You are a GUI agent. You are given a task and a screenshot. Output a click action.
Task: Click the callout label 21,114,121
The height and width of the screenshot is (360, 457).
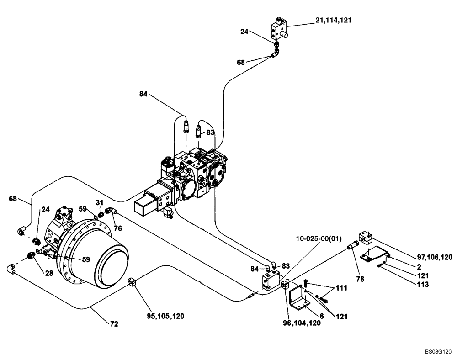(x=333, y=21)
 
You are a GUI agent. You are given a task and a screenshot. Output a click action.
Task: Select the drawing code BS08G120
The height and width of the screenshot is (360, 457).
(x=437, y=352)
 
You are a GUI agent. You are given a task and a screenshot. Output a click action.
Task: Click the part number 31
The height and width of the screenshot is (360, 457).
(x=100, y=202)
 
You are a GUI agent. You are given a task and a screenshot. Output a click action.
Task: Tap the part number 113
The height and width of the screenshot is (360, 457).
(x=423, y=284)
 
